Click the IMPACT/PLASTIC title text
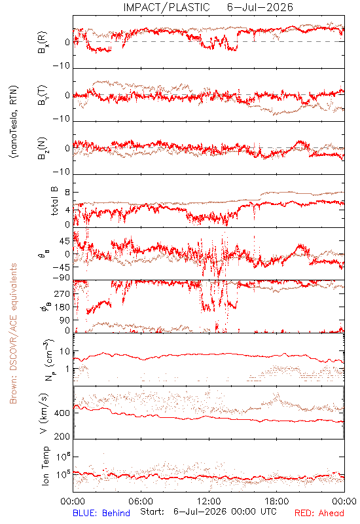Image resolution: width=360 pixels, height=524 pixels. coord(167,7)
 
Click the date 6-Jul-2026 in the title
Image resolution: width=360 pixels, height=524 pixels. coord(260,7)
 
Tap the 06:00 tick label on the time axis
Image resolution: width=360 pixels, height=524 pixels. coord(141,501)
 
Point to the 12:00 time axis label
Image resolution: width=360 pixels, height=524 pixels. coord(209,501)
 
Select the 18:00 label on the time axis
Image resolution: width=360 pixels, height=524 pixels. coord(277,501)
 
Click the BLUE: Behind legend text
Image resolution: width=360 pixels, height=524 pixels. coord(101,513)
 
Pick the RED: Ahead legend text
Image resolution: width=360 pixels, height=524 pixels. coord(319,513)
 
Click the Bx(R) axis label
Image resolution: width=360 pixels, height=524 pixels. coord(43,43)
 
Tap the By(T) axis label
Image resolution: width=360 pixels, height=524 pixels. coord(43,95)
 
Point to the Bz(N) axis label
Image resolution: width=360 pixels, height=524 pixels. coord(43,148)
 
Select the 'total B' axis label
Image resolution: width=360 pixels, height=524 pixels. coord(54,201)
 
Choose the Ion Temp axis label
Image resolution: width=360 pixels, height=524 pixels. coord(45,466)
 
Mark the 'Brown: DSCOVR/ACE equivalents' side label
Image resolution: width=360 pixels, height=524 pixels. coord(13,333)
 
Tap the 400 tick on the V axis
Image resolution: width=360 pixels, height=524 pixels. coord(62,413)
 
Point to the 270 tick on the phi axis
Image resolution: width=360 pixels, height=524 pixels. coord(62,293)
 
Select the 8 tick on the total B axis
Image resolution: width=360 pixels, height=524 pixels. coord(67,193)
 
